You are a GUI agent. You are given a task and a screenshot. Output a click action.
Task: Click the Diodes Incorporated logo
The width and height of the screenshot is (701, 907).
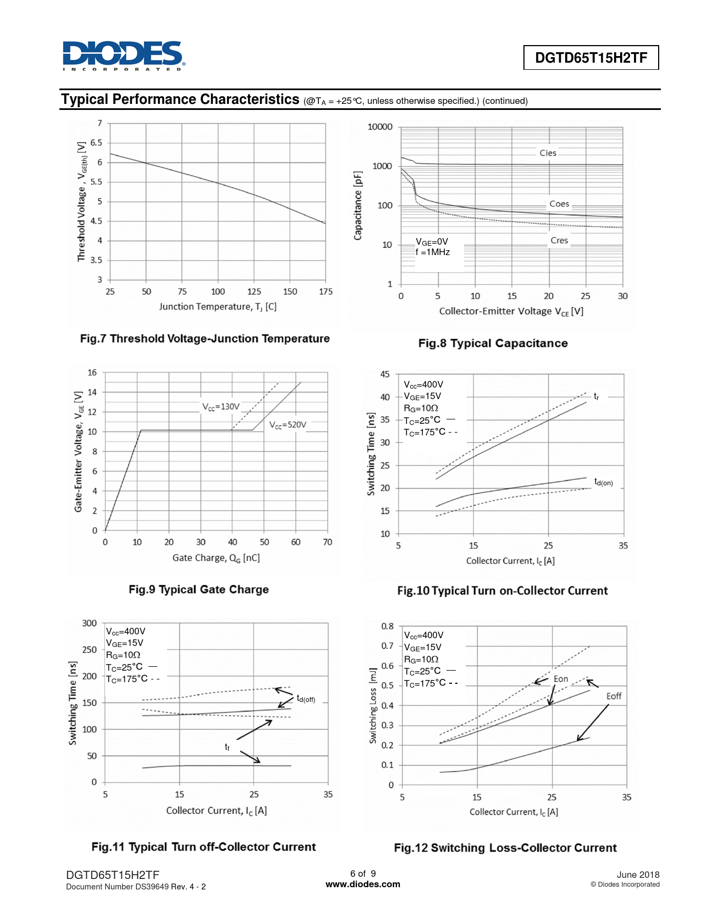click(124, 56)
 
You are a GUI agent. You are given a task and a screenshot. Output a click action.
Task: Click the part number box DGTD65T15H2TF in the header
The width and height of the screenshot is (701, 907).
click(591, 58)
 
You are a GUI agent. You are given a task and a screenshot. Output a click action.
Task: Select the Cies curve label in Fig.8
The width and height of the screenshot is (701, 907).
click(548, 153)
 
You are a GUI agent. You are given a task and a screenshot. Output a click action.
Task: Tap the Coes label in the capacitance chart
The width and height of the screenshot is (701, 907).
click(559, 204)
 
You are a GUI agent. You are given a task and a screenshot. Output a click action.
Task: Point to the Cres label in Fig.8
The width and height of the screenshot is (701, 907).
click(559, 241)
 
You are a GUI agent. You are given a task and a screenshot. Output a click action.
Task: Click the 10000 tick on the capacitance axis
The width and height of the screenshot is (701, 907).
click(380, 127)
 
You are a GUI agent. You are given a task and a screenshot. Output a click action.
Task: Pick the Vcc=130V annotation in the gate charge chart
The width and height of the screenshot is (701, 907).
click(221, 407)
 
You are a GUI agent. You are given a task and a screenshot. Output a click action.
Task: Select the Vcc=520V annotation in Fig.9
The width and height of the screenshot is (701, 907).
click(288, 425)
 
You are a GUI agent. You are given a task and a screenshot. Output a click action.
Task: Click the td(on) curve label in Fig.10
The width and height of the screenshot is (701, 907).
click(603, 482)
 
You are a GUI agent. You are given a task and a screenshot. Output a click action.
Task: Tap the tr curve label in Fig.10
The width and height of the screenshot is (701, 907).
click(597, 396)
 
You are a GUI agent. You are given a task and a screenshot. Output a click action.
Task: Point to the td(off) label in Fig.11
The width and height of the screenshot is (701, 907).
click(306, 699)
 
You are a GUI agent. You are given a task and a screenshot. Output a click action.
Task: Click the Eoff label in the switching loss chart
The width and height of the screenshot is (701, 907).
click(614, 696)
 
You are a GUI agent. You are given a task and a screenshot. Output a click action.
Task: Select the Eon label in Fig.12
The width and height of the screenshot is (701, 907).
click(561, 679)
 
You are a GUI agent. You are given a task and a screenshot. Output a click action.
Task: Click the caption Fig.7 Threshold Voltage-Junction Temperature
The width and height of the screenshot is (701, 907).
click(205, 339)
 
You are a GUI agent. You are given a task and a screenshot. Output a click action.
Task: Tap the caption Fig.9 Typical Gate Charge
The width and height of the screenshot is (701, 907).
click(198, 589)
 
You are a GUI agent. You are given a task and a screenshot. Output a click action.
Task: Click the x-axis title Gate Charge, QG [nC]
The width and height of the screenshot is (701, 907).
click(216, 558)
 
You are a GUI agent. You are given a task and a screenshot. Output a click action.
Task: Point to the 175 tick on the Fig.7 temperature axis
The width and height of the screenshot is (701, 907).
click(325, 292)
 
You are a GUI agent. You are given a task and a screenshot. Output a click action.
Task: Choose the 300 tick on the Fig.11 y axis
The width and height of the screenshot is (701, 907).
click(90, 623)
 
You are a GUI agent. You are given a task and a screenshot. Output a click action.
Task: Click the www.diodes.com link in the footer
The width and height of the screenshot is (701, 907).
click(363, 884)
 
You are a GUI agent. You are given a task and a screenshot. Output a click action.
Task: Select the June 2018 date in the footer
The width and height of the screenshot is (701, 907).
click(638, 875)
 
